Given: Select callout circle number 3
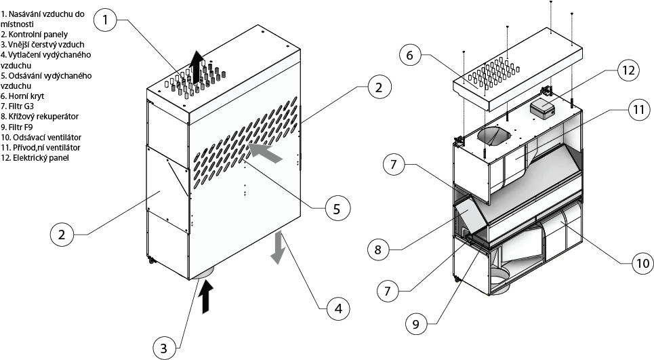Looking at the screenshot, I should pyautogui.click(x=163, y=348).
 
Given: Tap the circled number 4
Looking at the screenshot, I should pyautogui.click(x=338, y=308).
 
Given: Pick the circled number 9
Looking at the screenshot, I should pyautogui.click(x=416, y=323).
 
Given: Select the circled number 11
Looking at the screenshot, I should pyautogui.click(x=635, y=111).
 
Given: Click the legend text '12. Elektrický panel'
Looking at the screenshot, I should pyautogui.click(x=35, y=158).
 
